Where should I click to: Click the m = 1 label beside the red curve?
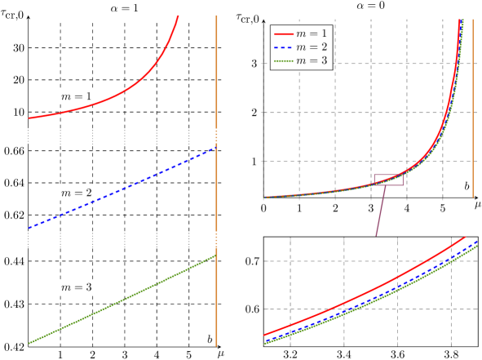coord(76,96)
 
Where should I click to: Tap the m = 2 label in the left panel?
coord(76,193)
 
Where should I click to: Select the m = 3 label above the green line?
coord(76,287)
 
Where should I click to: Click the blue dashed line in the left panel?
coord(122,188)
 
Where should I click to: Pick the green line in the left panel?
coord(122,300)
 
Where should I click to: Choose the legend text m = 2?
coord(312,47)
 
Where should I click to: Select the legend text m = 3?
coord(312,60)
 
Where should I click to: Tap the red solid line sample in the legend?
coord(283,34)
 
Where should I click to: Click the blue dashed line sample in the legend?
coord(283,47)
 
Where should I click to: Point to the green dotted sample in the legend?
coord(283,60)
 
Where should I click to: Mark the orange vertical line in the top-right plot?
coord(473,106)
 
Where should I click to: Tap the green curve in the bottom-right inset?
coord(367,305)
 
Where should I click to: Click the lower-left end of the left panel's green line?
coord(30,342)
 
